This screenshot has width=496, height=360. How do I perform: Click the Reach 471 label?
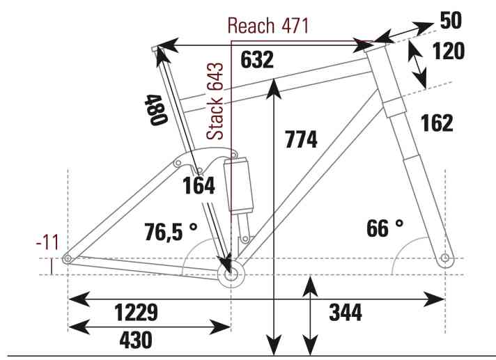(268, 26)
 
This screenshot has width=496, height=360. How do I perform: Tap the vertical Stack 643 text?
(215, 101)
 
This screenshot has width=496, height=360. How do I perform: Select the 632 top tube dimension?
(257, 60)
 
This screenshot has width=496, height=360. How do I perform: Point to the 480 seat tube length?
(155, 110)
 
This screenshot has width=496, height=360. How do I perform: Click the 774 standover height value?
(301, 139)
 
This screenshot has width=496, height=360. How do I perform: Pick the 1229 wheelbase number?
(136, 312)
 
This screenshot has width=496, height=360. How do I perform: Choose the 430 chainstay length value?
(136, 340)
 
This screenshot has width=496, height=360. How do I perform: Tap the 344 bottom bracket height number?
(346, 312)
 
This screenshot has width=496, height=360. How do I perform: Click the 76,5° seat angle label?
(171, 231)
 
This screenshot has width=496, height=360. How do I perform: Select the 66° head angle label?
(385, 228)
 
